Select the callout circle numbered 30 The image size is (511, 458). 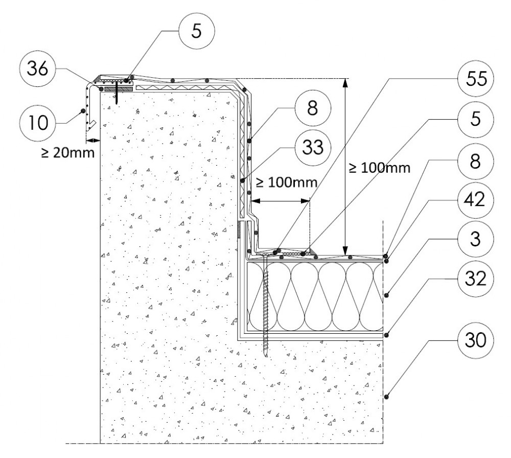(x=476, y=339)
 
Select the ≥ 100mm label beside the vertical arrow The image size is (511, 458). (x=380, y=168)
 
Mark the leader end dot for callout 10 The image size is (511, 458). (x=81, y=110)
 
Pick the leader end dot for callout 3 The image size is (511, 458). (x=387, y=294)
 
